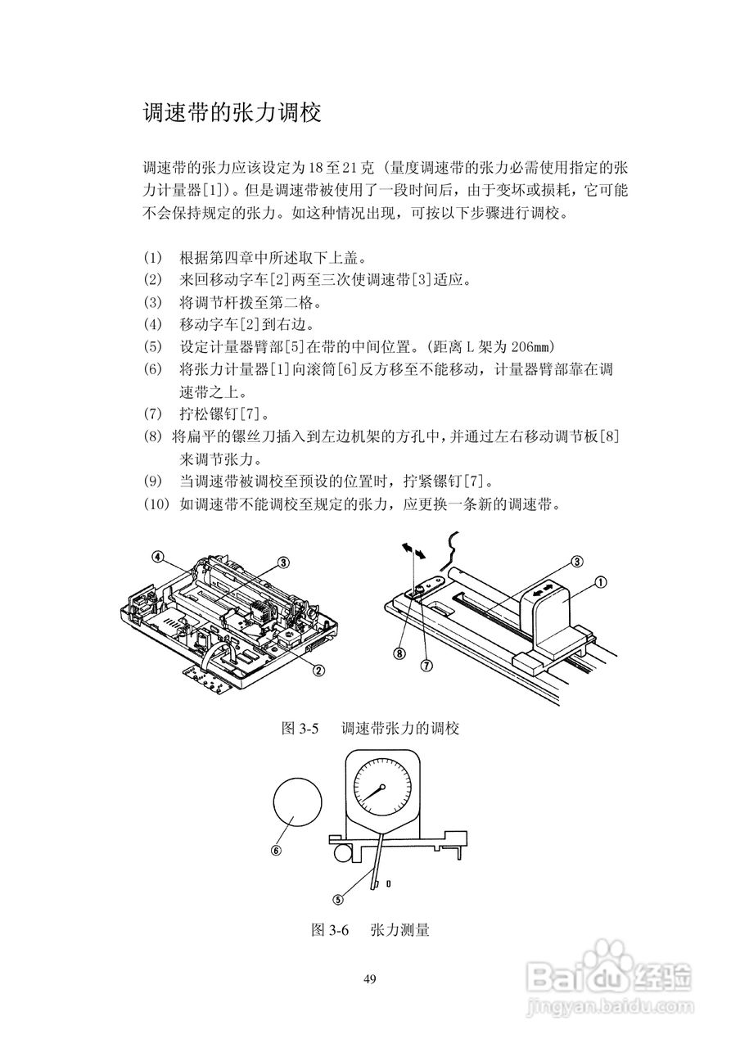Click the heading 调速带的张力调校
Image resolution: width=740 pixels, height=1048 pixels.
pyautogui.click(x=231, y=113)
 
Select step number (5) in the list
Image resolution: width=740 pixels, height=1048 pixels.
pyautogui.click(x=153, y=346)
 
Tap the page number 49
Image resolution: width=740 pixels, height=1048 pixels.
pyautogui.click(x=369, y=979)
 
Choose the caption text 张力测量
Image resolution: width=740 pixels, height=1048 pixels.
pyautogui.click(x=399, y=930)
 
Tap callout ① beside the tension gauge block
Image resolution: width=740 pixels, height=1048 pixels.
pyautogui.click(x=599, y=583)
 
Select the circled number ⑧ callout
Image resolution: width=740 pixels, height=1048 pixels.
pyautogui.click(x=399, y=653)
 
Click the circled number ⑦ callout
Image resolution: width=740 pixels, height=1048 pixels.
pyautogui.click(x=426, y=666)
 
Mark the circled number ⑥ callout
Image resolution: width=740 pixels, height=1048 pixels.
pyautogui.click(x=276, y=850)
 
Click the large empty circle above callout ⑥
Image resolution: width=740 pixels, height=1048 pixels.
pyautogui.click(x=297, y=802)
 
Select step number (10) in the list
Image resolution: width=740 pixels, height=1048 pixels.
pyautogui.click(x=156, y=503)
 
